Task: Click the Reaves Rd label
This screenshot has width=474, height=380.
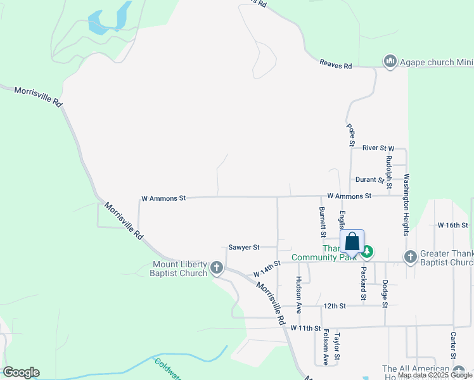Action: pos(335,64)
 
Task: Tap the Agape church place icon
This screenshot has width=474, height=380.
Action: pos(390,61)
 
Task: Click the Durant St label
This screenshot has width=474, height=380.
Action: pos(370,180)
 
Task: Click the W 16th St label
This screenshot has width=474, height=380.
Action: pos(452,225)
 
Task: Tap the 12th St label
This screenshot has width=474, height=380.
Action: pos(333,306)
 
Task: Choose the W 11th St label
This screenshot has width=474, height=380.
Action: pos(307,328)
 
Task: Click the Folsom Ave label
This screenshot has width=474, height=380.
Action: pos(326,346)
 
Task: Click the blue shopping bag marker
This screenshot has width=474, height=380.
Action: pos(352,242)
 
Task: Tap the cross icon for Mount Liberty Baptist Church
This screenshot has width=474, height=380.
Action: pos(217,269)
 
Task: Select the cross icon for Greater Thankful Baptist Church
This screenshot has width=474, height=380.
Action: pos(410,256)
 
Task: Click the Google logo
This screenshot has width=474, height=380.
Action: pos(21,372)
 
